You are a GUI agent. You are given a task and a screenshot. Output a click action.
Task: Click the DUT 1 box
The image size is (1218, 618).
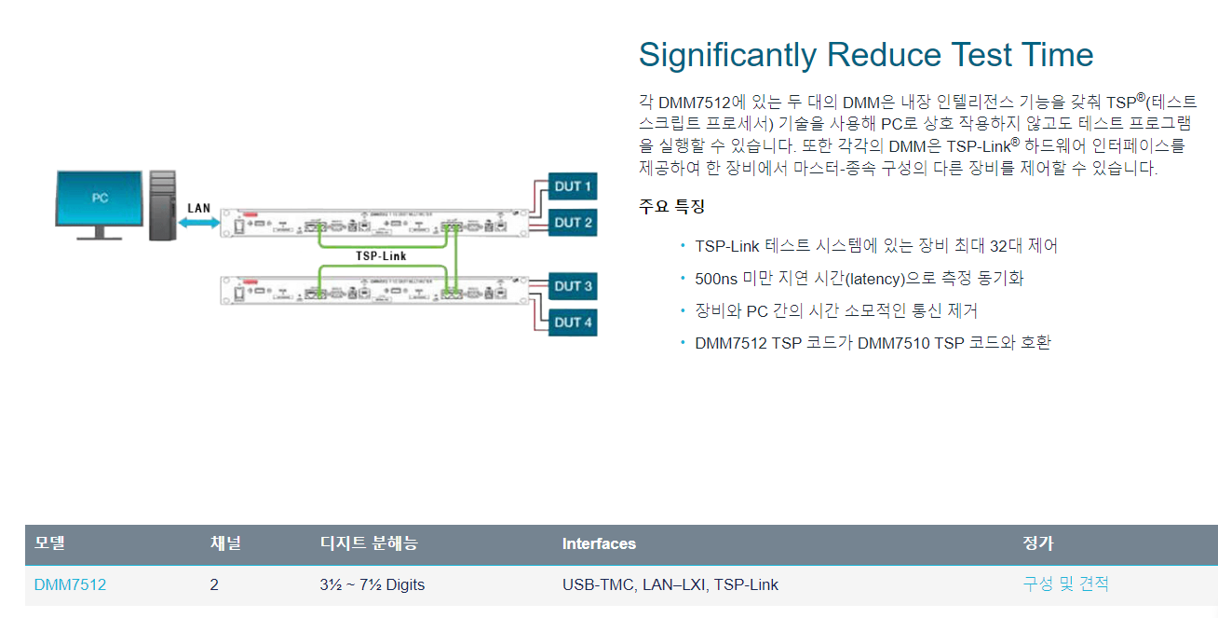tap(573, 186)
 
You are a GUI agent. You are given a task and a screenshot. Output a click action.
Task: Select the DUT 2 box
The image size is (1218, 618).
tap(573, 223)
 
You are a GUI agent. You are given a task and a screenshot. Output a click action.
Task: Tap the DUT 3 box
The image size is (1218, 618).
tap(573, 286)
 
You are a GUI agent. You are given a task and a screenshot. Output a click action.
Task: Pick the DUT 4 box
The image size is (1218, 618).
tap(573, 323)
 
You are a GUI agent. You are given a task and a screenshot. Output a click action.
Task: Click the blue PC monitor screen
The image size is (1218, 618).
tap(99, 199)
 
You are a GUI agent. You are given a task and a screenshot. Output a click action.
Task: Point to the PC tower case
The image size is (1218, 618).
tap(162, 205)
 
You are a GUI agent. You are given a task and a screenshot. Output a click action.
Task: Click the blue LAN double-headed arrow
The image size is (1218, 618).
tap(198, 223)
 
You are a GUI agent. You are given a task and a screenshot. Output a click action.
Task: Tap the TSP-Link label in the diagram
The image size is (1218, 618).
tap(381, 255)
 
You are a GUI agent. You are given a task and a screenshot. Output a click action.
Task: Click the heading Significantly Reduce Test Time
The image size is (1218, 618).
tap(865, 55)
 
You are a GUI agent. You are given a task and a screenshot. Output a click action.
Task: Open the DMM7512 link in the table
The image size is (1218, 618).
tap(70, 585)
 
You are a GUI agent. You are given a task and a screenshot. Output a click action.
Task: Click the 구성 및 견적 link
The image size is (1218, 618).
tap(1065, 584)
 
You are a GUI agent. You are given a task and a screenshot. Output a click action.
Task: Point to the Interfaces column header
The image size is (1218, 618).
tap(599, 543)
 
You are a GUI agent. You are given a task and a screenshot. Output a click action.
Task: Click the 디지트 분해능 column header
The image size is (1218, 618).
tap(369, 543)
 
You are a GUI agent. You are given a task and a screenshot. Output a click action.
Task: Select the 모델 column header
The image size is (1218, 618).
tap(50, 543)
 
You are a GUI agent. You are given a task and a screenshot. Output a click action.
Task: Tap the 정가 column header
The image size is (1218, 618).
tap(1037, 543)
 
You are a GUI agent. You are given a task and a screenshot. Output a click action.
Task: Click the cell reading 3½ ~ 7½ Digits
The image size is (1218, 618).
tap(372, 585)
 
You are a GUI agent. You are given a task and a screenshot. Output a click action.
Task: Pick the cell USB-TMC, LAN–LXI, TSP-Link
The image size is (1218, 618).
tap(670, 585)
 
